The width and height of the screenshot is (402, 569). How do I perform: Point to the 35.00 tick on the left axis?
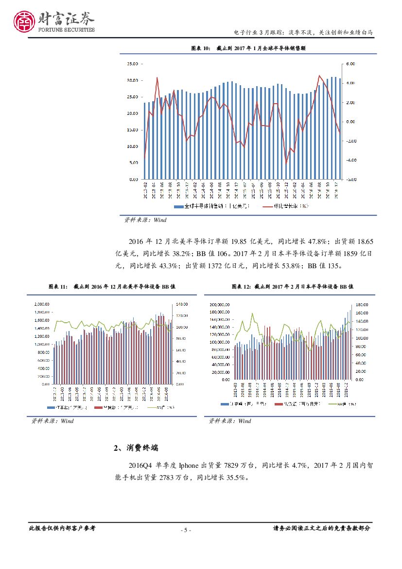(132, 64)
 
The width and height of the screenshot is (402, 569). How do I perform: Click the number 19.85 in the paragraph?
(242, 241)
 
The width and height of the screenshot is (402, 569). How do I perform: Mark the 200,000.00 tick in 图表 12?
(220, 304)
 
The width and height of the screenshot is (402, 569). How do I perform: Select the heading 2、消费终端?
(135, 448)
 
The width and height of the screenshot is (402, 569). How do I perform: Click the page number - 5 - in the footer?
(186, 530)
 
